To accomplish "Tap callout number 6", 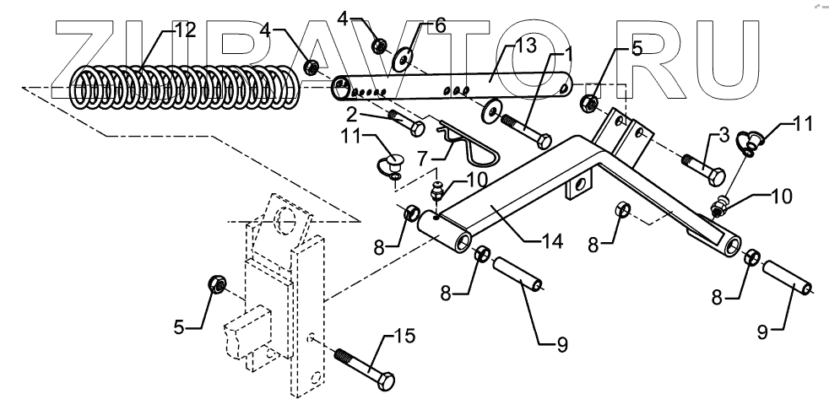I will tap(439, 26).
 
